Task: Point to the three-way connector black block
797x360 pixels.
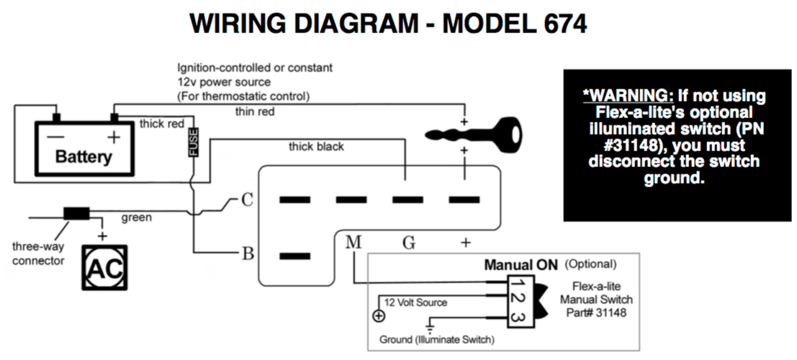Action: [76, 213]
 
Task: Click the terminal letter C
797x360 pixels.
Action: [246, 200]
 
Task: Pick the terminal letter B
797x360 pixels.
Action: [246, 254]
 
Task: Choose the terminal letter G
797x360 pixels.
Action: [409, 243]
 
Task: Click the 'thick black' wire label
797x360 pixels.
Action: [316, 147]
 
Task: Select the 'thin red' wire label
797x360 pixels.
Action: [255, 111]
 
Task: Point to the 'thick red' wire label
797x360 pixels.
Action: [162, 124]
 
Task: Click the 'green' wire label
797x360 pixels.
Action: [135, 216]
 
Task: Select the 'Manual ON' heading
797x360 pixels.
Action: [521, 264]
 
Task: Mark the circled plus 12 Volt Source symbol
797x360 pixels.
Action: [377, 315]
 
